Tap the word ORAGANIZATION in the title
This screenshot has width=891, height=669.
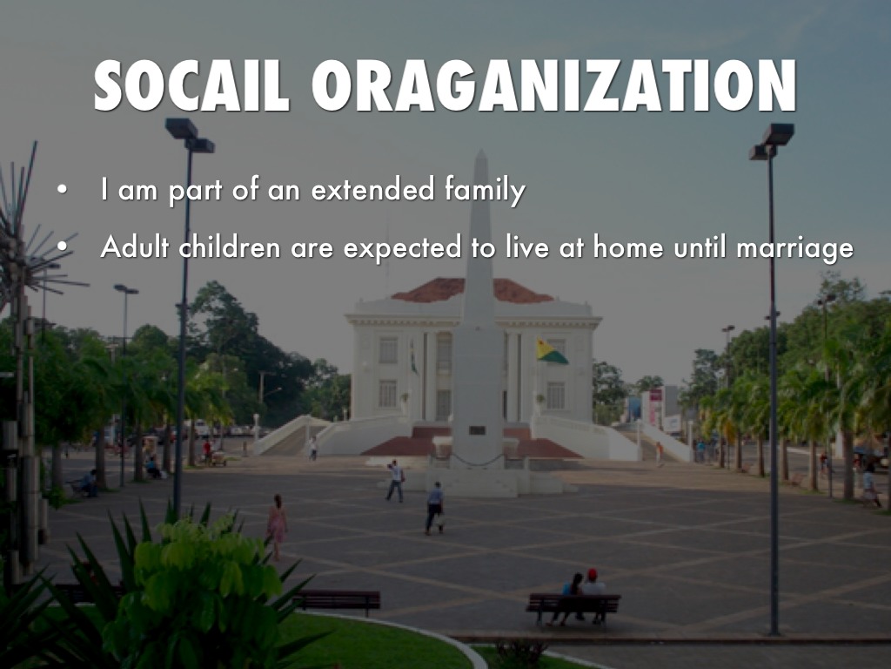click(x=554, y=85)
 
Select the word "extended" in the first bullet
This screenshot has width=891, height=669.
click(x=372, y=189)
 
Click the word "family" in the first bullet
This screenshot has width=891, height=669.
click(x=485, y=191)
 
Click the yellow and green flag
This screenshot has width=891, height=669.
click(x=552, y=351)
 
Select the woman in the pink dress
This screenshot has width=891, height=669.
click(x=278, y=527)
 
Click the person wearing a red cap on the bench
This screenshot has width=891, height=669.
click(x=593, y=593)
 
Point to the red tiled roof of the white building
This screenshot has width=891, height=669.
click(x=472, y=290)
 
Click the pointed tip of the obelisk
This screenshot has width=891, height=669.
click(x=481, y=152)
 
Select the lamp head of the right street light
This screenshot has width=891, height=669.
click(x=772, y=141)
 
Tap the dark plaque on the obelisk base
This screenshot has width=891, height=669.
click(x=477, y=430)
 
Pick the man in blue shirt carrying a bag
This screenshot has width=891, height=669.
click(x=435, y=508)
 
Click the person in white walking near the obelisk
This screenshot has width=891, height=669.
click(x=396, y=481)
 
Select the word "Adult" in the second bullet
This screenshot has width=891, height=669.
click(x=135, y=247)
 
